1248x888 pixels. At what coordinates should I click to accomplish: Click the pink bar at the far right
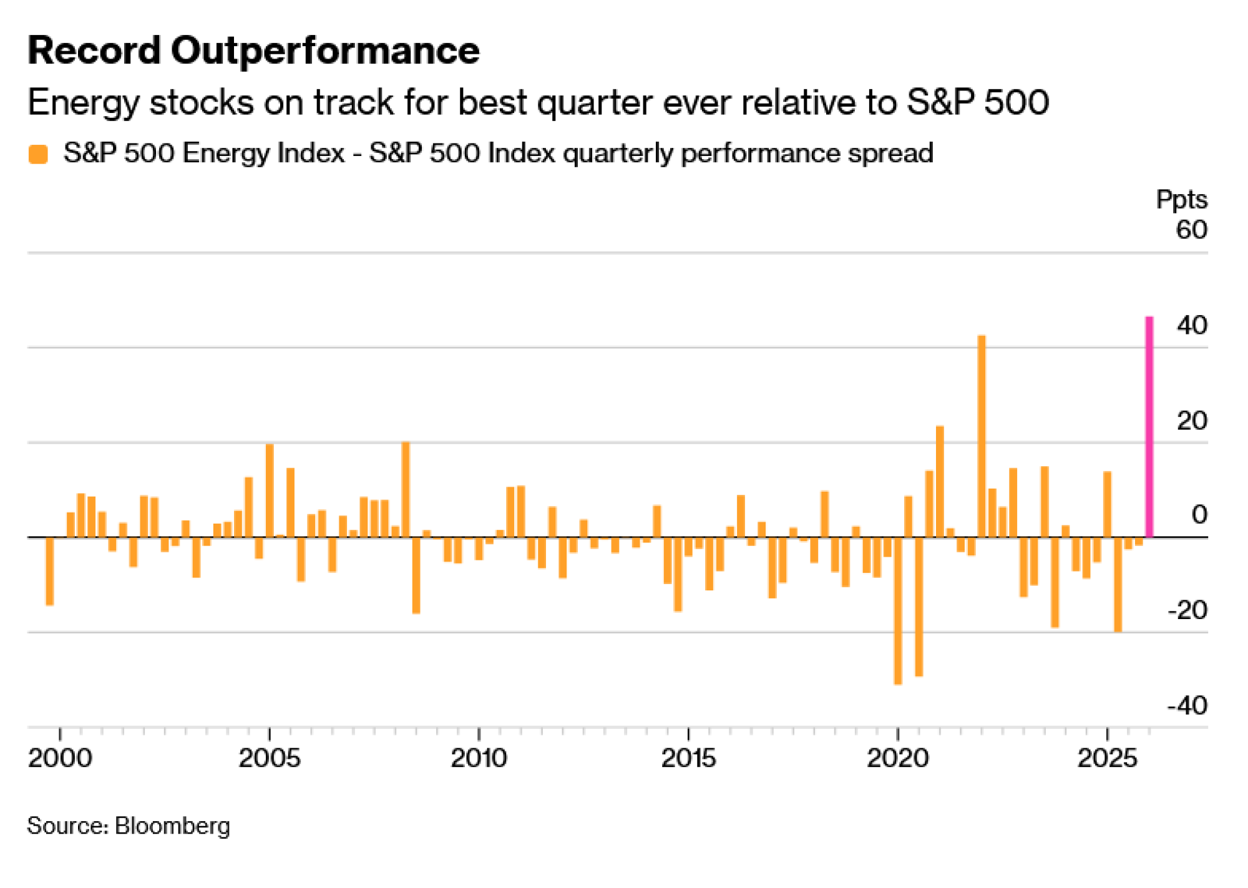pyautogui.click(x=1149, y=427)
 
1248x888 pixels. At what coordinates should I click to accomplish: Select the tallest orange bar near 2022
pyautogui.click(x=982, y=436)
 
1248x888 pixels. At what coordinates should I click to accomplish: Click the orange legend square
pyautogui.click(x=39, y=154)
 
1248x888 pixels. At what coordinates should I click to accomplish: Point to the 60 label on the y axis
pyautogui.click(x=1191, y=230)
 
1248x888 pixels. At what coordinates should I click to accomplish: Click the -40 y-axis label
pyautogui.click(x=1187, y=706)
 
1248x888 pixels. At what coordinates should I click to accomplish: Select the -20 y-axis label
pyautogui.click(x=1187, y=610)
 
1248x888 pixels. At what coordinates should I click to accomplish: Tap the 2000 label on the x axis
pyautogui.click(x=60, y=758)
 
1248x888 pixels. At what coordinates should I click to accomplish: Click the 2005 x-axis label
pyautogui.click(x=270, y=758)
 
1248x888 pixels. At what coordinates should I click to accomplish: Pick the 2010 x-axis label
pyautogui.click(x=479, y=758)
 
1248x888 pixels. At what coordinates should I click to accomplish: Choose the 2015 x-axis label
pyautogui.click(x=688, y=758)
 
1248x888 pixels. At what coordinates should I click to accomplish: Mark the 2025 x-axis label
pyautogui.click(x=1108, y=758)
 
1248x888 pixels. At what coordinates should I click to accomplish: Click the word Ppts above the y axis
pyautogui.click(x=1181, y=200)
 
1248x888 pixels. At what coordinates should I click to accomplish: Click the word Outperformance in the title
pyautogui.click(x=325, y=51)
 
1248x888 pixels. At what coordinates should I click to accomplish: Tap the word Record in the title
pyautogui.click(x=94, y=51)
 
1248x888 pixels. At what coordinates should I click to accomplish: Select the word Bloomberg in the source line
pyautogui.click(x=173, y=826)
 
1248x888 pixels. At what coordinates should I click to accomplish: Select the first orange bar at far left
pyautogui.click(x=50, y=571)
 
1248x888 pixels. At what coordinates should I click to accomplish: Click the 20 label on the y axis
pyautogui.click(x=1191, y=421)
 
